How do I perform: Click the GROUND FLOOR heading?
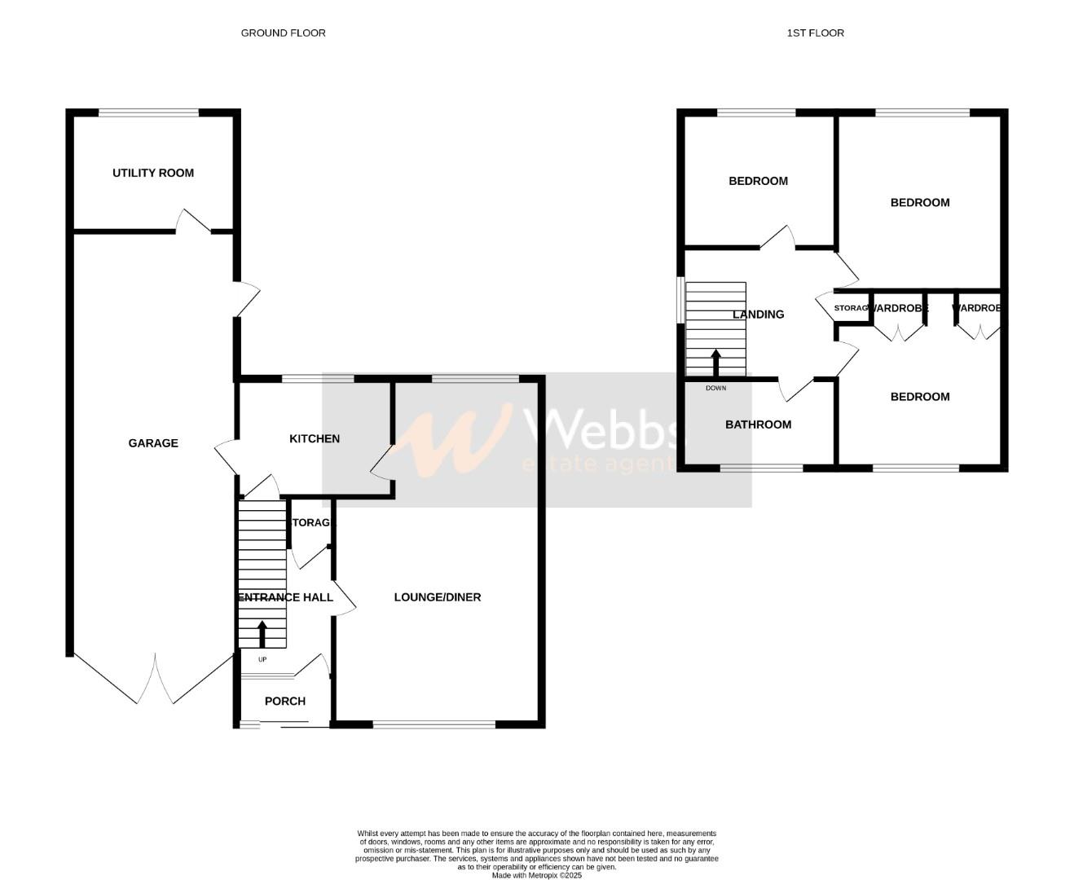pyautogui.click(x=283, y=33)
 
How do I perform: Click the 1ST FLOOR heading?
pyautogui.click(x=815, y=33)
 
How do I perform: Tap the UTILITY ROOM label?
pyautogui.click(x=153, y=173)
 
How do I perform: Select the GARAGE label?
pyautogui.click(x=153, y=443)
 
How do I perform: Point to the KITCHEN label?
pyautogui.click(x=315, y=439)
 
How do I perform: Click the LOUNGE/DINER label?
pyautogui.click(x=438, y=597)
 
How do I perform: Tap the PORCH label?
pyautogui.click(x=285, y=702)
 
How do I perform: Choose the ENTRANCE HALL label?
pyautogui.click(x=285, y=597)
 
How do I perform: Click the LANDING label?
pyautogui.click(x=758, y=315)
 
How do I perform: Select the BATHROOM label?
pyautogui.click(x=758, y=425)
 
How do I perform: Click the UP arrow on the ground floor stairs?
pyautogui.click(x=262, y=634)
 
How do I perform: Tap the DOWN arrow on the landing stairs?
pyautogui.click(x=716, y=363)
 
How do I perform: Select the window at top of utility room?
pyautogui.click(x=148, y=113)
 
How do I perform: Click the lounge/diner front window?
pyautogui.click(x=434, y=724)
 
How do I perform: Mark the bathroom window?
pyautogui.click(x=761, y=469)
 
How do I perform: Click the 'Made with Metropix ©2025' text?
pyautogui.click(x=536, y=875)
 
